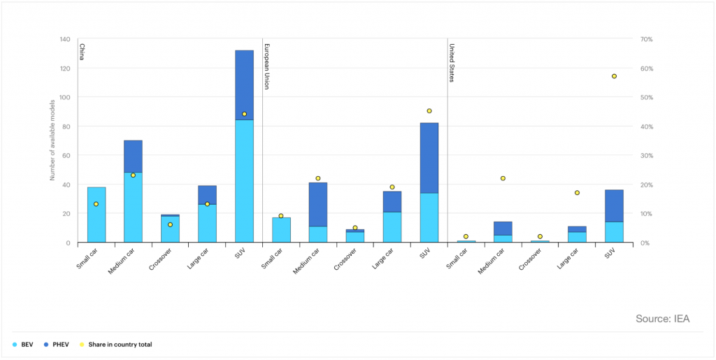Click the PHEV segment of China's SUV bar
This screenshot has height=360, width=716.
[244, 84]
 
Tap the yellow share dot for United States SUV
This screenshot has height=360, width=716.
[614, 76]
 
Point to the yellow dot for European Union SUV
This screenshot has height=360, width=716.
[429, 111]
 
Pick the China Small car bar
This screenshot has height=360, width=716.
[96, 215]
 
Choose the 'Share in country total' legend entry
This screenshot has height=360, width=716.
[115, 345]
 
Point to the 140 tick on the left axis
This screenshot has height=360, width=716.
[65, 39]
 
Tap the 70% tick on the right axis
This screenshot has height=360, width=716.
[646, 39]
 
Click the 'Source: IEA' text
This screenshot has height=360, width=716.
[662, 319]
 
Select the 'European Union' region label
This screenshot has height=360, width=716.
[266, 66]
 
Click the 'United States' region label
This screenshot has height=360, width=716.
[452, 62]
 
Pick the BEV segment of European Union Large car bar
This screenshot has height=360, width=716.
[392, 227]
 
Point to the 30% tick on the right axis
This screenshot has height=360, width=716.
[646, 155]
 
